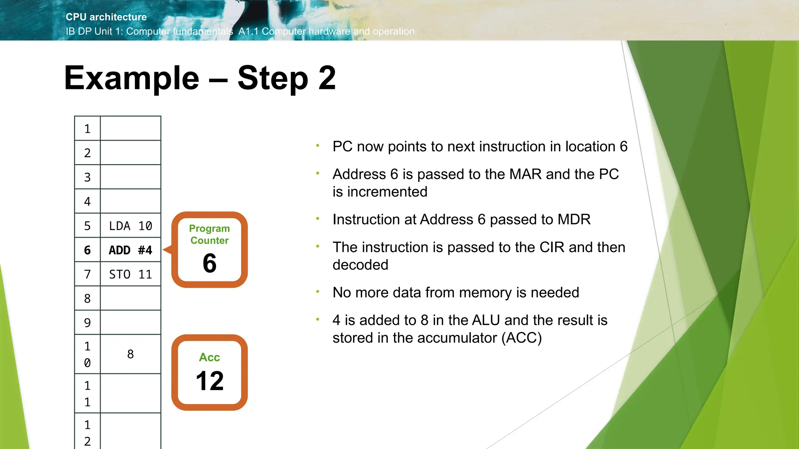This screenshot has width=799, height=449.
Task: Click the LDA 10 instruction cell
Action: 130,226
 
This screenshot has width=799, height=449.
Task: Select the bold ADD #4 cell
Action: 130,250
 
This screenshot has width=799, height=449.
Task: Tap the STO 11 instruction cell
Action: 130,274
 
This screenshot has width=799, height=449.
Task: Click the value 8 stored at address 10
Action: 130,354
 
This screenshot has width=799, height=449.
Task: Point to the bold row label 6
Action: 87,250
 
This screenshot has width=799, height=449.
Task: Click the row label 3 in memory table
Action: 87,177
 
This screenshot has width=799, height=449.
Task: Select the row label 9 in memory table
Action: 87,323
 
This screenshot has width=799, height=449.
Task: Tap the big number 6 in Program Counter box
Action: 210,263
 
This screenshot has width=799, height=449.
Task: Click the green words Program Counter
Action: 210,234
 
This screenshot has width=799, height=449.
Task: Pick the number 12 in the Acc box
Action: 210,381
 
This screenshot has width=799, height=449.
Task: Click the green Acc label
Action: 210,357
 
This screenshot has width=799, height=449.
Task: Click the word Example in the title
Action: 131,78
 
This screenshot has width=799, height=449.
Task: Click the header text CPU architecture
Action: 106,17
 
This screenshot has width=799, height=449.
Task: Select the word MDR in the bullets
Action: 574,219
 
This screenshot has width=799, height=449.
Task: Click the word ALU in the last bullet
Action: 486,320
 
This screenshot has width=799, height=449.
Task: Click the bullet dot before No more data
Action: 318,291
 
